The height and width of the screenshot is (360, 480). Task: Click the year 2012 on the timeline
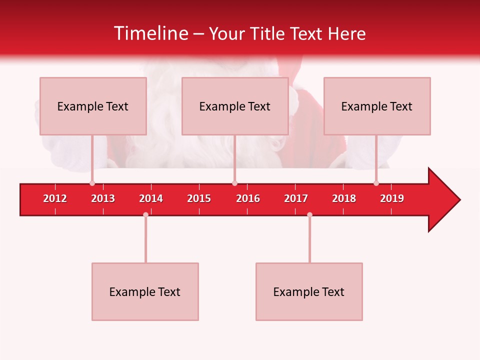coord(55,198)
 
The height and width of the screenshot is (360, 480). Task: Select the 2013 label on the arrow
coord(103,198)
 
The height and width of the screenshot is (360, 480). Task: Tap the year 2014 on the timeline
coord(151,198)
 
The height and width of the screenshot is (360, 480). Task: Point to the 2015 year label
coord(199,198)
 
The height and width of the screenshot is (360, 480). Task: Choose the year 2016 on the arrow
coord(248,198)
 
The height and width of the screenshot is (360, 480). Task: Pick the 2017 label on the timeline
coord(296,198)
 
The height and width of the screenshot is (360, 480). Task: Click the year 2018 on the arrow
coord(344,198)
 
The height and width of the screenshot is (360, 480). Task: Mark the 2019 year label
coord(392,198)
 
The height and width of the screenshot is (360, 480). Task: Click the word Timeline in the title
coord(150,33)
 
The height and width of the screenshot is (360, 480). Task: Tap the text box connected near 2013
coord(93,106)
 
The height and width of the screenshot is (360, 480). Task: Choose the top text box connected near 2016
coord(235,106)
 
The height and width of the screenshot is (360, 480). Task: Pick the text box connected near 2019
coord(377,106)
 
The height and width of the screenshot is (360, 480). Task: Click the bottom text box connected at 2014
coord(145,291)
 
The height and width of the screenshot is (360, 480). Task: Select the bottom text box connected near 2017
coord(309,291)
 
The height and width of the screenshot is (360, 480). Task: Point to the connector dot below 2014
coord(145,215)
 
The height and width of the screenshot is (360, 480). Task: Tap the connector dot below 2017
coord(309,215)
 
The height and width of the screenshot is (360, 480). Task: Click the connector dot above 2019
coord(376,183)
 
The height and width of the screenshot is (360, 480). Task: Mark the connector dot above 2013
coord(92,183)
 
